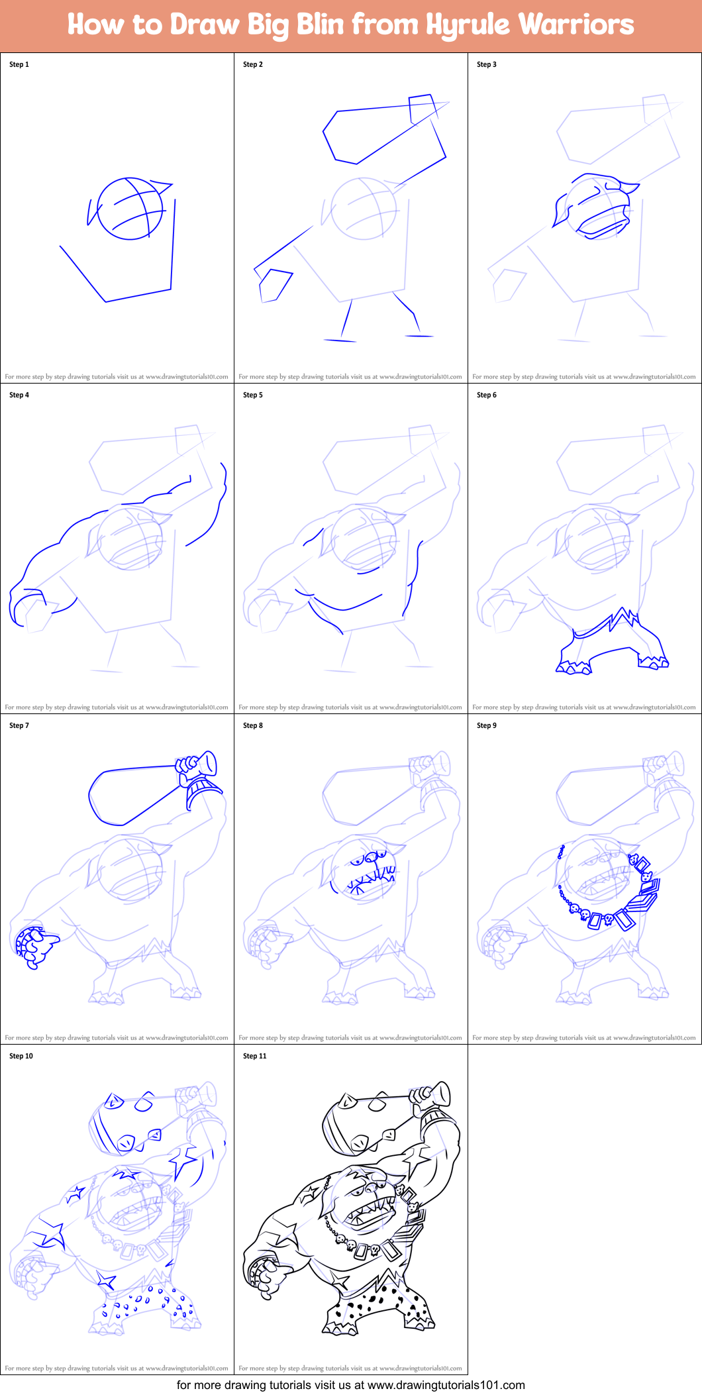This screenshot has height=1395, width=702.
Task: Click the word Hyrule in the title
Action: (467, 25)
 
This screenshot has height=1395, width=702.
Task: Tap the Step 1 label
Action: (19, 64)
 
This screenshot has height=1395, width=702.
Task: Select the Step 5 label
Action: (253, 395)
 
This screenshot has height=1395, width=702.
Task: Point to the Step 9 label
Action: (487, 725)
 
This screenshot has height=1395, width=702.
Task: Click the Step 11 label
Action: (255, 1056)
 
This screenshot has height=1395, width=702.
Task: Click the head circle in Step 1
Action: (130, 208)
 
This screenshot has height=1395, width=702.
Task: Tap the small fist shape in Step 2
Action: (274, 285)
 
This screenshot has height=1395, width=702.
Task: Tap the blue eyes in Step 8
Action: (364, 859)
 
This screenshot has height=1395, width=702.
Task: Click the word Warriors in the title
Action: (576, 25)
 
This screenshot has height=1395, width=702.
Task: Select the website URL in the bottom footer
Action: (446, 1385)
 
